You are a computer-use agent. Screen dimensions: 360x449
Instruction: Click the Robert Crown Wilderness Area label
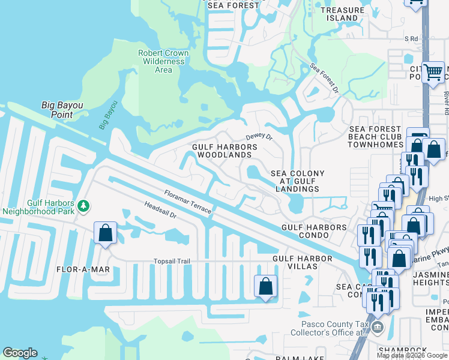(x=163, y=61)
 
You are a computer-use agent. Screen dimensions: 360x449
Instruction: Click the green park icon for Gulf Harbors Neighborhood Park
(x=84, y=206)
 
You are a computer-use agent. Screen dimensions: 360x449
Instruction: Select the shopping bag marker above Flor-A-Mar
(x=105, y=233)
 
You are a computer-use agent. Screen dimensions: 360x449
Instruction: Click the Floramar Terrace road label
(x=187, y=202)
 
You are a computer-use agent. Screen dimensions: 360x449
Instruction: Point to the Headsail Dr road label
(x=160, y=209)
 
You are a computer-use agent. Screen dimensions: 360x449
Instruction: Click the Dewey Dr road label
(x=259, y=137)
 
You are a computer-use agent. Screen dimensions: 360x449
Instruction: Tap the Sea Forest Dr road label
(x=324, y=79)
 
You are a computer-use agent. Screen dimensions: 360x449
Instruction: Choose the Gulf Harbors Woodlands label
(x=224, y=151)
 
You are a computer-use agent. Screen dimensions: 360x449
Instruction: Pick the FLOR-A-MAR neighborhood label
(x=83, y=269)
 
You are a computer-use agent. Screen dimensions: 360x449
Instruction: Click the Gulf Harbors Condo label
(x=315, y=231)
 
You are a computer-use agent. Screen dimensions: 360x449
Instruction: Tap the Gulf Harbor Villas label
(x=302, y=262)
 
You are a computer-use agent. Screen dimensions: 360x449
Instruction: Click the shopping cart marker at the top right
(x=433, y=73)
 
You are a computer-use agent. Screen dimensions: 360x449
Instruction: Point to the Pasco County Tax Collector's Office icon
(x=377, y=328)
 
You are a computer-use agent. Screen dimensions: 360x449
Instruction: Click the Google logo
(x=20, y=353)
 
